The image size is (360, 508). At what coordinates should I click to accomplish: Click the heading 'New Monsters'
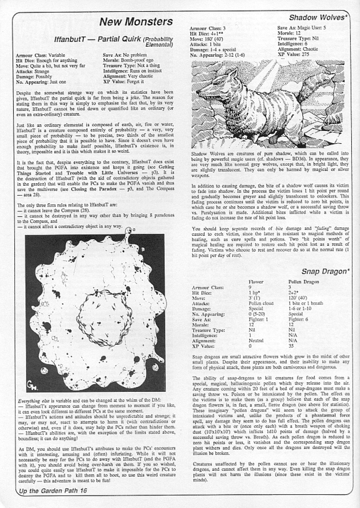(136, 22)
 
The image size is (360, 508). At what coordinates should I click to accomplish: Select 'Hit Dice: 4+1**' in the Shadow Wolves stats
(207, 34)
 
